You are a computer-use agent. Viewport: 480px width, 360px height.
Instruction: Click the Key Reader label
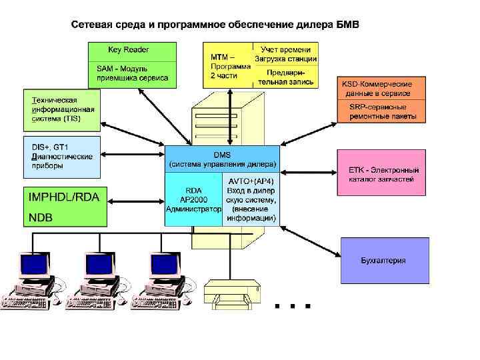click(128, 49)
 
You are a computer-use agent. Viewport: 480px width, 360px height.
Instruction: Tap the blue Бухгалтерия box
click(383, 261)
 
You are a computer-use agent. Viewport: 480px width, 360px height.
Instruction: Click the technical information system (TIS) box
click(61, 109)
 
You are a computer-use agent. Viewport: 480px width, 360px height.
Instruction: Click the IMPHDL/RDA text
click(64, 197)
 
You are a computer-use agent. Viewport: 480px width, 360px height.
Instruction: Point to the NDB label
click(41, 217)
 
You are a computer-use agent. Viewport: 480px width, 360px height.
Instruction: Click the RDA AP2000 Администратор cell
click(193, 199)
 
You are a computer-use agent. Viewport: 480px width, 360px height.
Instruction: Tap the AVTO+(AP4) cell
click(251, 199)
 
